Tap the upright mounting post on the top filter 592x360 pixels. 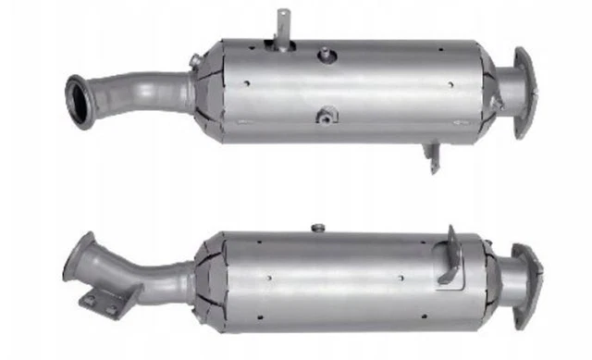coord(281,26)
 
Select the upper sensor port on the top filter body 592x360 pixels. coord(326,56)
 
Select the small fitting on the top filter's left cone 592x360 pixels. coord(192,61)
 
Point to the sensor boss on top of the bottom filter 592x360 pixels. coord(317,228)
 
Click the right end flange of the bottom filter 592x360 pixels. coord(527,275)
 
